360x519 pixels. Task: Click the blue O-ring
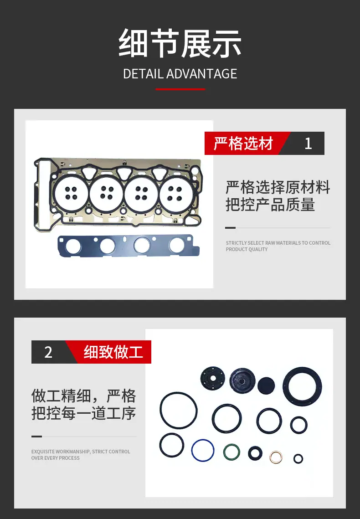192,450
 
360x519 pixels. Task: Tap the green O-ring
224,452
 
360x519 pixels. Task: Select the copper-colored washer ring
271,457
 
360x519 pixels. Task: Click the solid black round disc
266,385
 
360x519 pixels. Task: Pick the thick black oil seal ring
286,386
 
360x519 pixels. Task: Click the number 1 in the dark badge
308,144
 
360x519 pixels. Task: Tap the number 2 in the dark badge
48,352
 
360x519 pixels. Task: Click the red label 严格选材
243,144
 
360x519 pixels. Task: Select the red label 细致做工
113,352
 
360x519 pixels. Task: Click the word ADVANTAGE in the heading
201,74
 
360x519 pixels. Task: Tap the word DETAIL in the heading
143,74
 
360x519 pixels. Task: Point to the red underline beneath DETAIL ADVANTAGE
180,89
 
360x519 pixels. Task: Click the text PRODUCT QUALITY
247,249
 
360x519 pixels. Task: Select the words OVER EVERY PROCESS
55,458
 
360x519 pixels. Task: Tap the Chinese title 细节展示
180,43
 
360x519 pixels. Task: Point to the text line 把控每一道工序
84,413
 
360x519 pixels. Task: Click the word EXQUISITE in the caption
43,452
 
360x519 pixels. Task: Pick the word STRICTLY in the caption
236,243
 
